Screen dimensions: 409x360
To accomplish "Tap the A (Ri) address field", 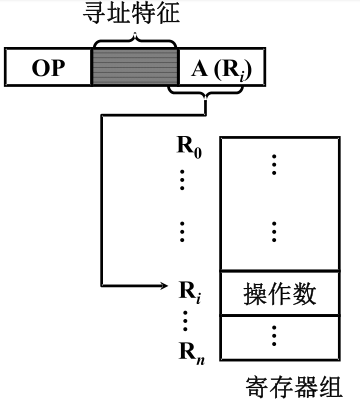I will pos(218,67).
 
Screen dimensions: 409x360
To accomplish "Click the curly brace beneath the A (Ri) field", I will pos(205,96).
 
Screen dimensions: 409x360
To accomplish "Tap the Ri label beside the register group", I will pos(189,292).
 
